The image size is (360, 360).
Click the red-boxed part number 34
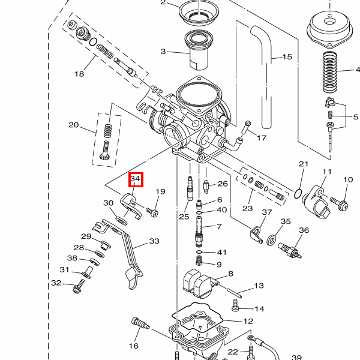coord(135,179)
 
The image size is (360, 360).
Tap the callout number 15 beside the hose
coord(287,57)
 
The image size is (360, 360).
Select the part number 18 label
coord(79,74)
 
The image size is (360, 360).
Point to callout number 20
coord(73,125)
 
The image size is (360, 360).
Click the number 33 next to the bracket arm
coord(154,241)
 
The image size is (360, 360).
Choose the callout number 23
coord(247,209)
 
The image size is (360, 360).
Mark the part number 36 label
coord(304,230)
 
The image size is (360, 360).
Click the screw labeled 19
coord(152,212)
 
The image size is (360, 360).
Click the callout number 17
coord(261,138)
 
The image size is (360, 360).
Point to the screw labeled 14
coord(235,308)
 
